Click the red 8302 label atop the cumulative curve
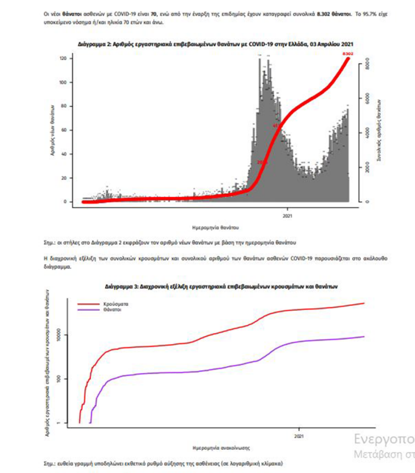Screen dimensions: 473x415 (x=348, y=54)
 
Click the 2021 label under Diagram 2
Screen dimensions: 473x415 (x=288, y=214)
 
